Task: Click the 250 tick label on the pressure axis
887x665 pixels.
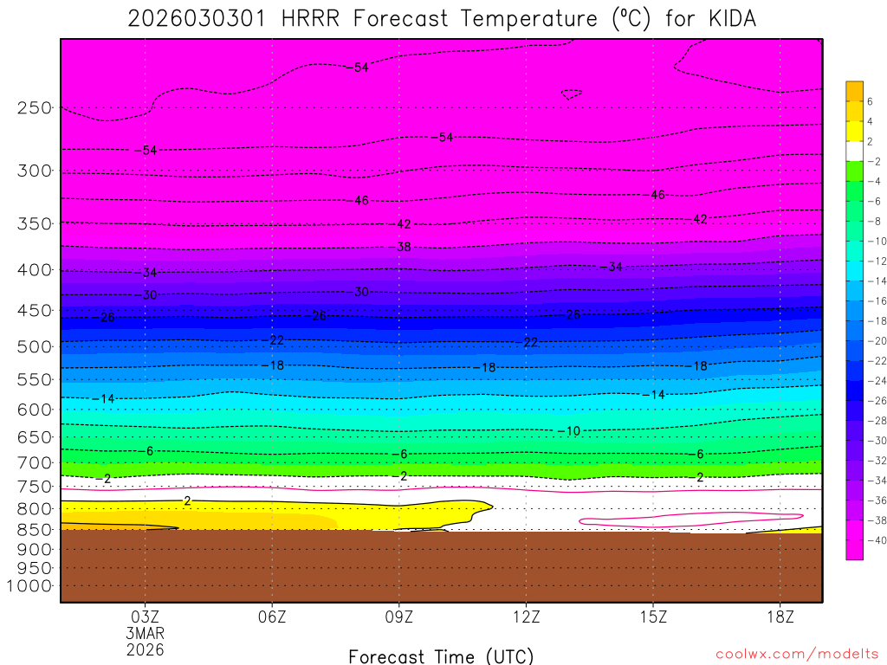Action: point(34,108)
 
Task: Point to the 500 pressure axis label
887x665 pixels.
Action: point(34,346)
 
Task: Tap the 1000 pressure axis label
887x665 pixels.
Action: point(30,586)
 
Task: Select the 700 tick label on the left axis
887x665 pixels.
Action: point(34,462)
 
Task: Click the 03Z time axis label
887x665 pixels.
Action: point(145,617)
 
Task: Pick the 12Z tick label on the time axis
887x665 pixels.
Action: point(527,617)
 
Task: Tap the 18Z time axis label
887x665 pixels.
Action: point(780,617)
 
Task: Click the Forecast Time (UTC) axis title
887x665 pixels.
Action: point(441,655)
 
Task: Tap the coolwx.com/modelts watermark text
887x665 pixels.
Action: point(797,654)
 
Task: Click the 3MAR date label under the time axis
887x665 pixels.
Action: point(145,633)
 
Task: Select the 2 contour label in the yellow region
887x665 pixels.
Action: point(187,500)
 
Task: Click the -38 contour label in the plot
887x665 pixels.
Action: point(404,247)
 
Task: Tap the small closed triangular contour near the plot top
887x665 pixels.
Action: point(571,94)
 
